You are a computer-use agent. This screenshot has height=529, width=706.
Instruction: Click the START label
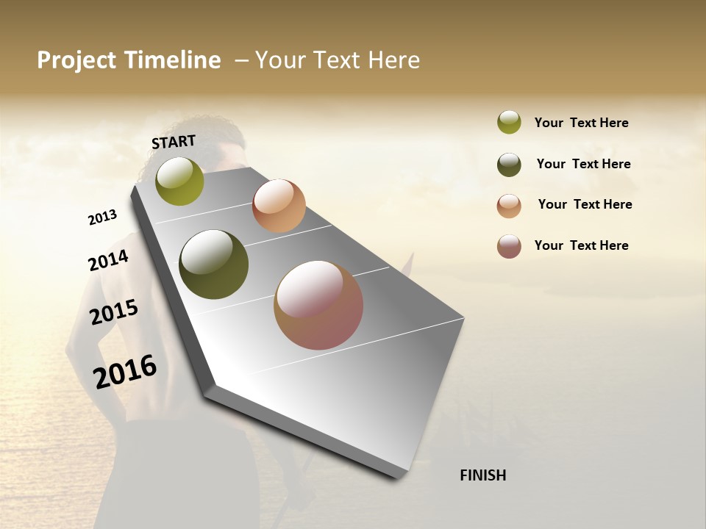coord(174,141)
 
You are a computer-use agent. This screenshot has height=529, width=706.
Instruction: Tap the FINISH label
coord(482,475)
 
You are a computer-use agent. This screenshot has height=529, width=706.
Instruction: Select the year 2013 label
coord(102,217)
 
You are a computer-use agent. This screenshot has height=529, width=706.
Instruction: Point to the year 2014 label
coord(108,261)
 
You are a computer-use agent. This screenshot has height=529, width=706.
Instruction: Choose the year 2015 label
coord(114,312)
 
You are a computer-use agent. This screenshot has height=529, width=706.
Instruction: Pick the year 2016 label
coord(125,371)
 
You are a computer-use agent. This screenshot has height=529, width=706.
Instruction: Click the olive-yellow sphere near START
coord(180,181)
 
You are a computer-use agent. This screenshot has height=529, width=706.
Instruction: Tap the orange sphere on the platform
coord(279,206)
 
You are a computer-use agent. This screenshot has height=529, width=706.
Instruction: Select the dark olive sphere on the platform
coord(214,264)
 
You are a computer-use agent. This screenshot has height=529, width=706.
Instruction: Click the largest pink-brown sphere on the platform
coord(318,305)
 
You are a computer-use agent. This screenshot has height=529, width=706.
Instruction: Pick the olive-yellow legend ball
coord(509,122)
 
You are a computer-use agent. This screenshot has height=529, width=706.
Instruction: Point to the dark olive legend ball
coord(509,165)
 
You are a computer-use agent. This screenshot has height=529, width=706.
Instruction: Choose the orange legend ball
coord(509,206)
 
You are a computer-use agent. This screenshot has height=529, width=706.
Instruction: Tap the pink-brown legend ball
coord(509,246)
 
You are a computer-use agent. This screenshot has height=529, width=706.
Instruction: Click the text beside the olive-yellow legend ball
coord(581,123)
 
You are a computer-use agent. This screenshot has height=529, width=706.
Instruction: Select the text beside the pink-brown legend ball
coord(581,245)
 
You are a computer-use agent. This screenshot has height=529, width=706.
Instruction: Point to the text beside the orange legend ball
coord(585,204)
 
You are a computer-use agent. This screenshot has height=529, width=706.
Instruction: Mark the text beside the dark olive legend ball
coord(583,164)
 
